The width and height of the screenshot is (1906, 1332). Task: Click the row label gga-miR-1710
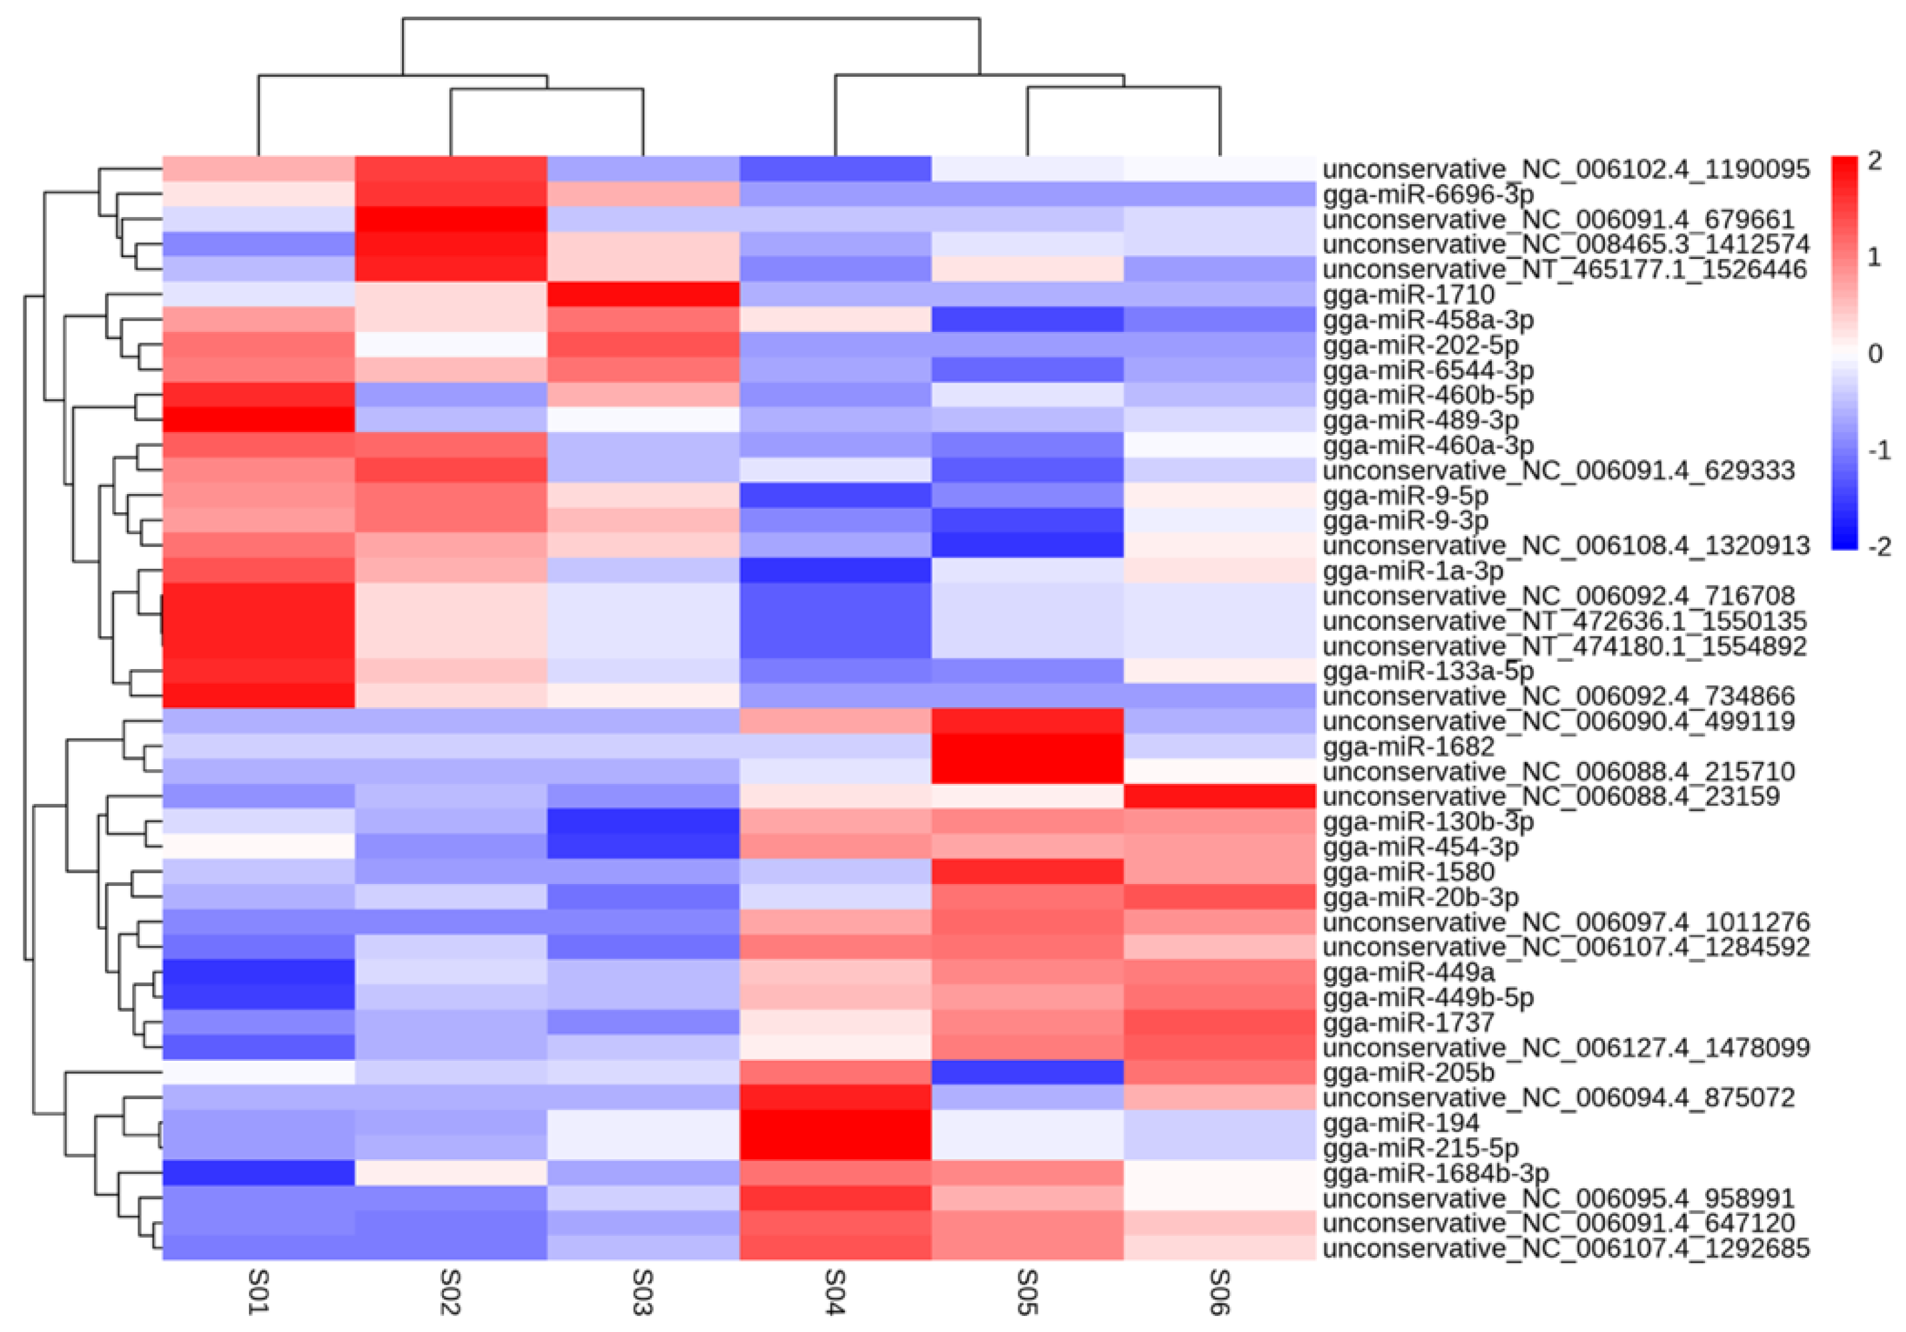(x=1408, y=294)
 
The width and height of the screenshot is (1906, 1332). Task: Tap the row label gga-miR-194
(x=1400, y=1123)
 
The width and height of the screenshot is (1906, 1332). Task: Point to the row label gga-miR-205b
(x=1408, y=1073)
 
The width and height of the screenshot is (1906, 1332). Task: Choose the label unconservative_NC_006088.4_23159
(x=1551, y=797)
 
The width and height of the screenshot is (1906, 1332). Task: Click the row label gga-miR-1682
(x=1408, y=747)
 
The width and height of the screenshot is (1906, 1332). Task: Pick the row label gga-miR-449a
(x=1408, y=972)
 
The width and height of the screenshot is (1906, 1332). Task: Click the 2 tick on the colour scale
(x=1875, y=161)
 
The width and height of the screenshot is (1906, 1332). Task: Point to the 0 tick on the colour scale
(x=1875, y=355)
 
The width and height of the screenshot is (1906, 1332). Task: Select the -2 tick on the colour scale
(x=1878, y=547)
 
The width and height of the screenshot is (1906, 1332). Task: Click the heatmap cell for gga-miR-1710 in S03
(x=643, y=294)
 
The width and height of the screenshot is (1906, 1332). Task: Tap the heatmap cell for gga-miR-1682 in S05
(x=1028, y=747)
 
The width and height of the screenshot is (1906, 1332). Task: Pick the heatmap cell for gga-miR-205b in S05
(x=1028, y=1073)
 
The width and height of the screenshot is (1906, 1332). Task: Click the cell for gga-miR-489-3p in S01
(x=258, y=420)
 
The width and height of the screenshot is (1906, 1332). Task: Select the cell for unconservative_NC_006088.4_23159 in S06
(x=1219, y=797)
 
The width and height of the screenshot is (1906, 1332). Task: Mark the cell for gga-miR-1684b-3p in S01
(x=258, y=1174)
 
